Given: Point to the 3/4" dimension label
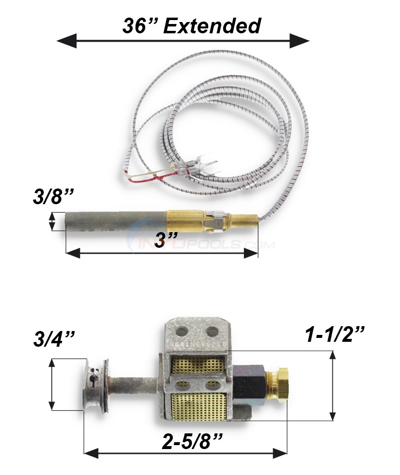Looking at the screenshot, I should click(54, 339).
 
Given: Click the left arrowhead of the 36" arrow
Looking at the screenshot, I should click(66, 41).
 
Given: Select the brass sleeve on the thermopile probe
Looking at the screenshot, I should click(184, 221).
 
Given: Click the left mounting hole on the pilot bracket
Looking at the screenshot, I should click(182, 331).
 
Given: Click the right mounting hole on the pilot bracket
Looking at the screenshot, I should click(212, 331).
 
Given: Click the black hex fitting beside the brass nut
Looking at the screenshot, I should click(253, 384).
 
